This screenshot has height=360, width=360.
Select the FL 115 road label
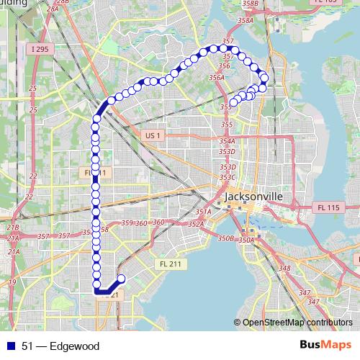point(328,207)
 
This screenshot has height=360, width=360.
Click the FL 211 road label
point(171,264)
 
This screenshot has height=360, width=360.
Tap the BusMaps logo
point(325,346)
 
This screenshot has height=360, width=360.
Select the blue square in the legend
point(11,346)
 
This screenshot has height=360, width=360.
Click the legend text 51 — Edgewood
point(60,346)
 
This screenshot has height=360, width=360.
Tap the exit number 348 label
point(285,269)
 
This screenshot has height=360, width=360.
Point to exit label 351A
point(204,212)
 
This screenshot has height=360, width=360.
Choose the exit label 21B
point(13,228)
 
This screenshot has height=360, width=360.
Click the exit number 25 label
point(32,89)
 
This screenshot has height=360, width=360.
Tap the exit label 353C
point(228,177)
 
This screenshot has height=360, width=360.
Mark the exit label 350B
point(226,238)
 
